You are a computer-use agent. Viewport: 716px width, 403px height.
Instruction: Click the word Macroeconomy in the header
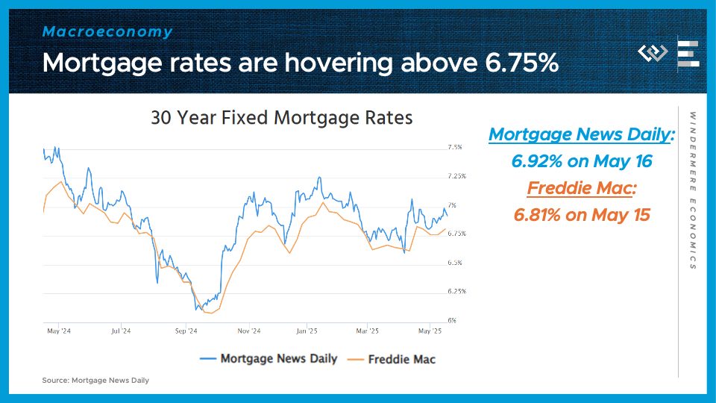pos(107,31)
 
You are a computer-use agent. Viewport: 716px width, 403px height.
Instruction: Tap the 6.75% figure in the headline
pos(521,62)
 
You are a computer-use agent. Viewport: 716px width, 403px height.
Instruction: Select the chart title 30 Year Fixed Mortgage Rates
pos(282,118)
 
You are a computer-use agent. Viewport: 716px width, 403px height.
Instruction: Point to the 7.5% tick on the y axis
pos(455,147)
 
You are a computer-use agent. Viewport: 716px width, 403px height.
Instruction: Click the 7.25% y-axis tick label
pos(456,176)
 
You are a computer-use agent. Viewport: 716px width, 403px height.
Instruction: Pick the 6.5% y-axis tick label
pos(455,262)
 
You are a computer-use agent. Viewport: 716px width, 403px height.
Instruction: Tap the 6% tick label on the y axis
pos(452,320)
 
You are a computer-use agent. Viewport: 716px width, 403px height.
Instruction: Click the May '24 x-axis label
pos(59,331)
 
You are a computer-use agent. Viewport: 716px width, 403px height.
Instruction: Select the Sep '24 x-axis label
pos(186,331)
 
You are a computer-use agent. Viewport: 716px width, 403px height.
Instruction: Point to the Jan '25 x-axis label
pos(307,331)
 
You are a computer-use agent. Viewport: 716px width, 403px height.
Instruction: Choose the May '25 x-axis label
pos(430,331)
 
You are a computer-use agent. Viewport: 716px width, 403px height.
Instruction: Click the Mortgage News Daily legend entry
pos(268,359)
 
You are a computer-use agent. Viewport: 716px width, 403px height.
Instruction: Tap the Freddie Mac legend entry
pos(392,360)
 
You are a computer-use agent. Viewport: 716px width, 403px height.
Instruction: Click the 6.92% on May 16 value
pos(582,161)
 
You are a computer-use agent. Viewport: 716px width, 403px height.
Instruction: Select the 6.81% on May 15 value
pos(582,215)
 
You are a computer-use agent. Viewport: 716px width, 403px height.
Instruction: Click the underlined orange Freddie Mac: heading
pos(582,188)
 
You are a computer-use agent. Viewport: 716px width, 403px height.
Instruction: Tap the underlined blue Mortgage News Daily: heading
pos(582,134)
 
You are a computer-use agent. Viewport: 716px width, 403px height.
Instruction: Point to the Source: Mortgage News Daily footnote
pos(95,380)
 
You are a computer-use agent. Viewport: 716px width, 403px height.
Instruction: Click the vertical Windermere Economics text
pos(693,190)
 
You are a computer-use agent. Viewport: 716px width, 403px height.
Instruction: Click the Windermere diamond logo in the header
pos(653,53)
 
